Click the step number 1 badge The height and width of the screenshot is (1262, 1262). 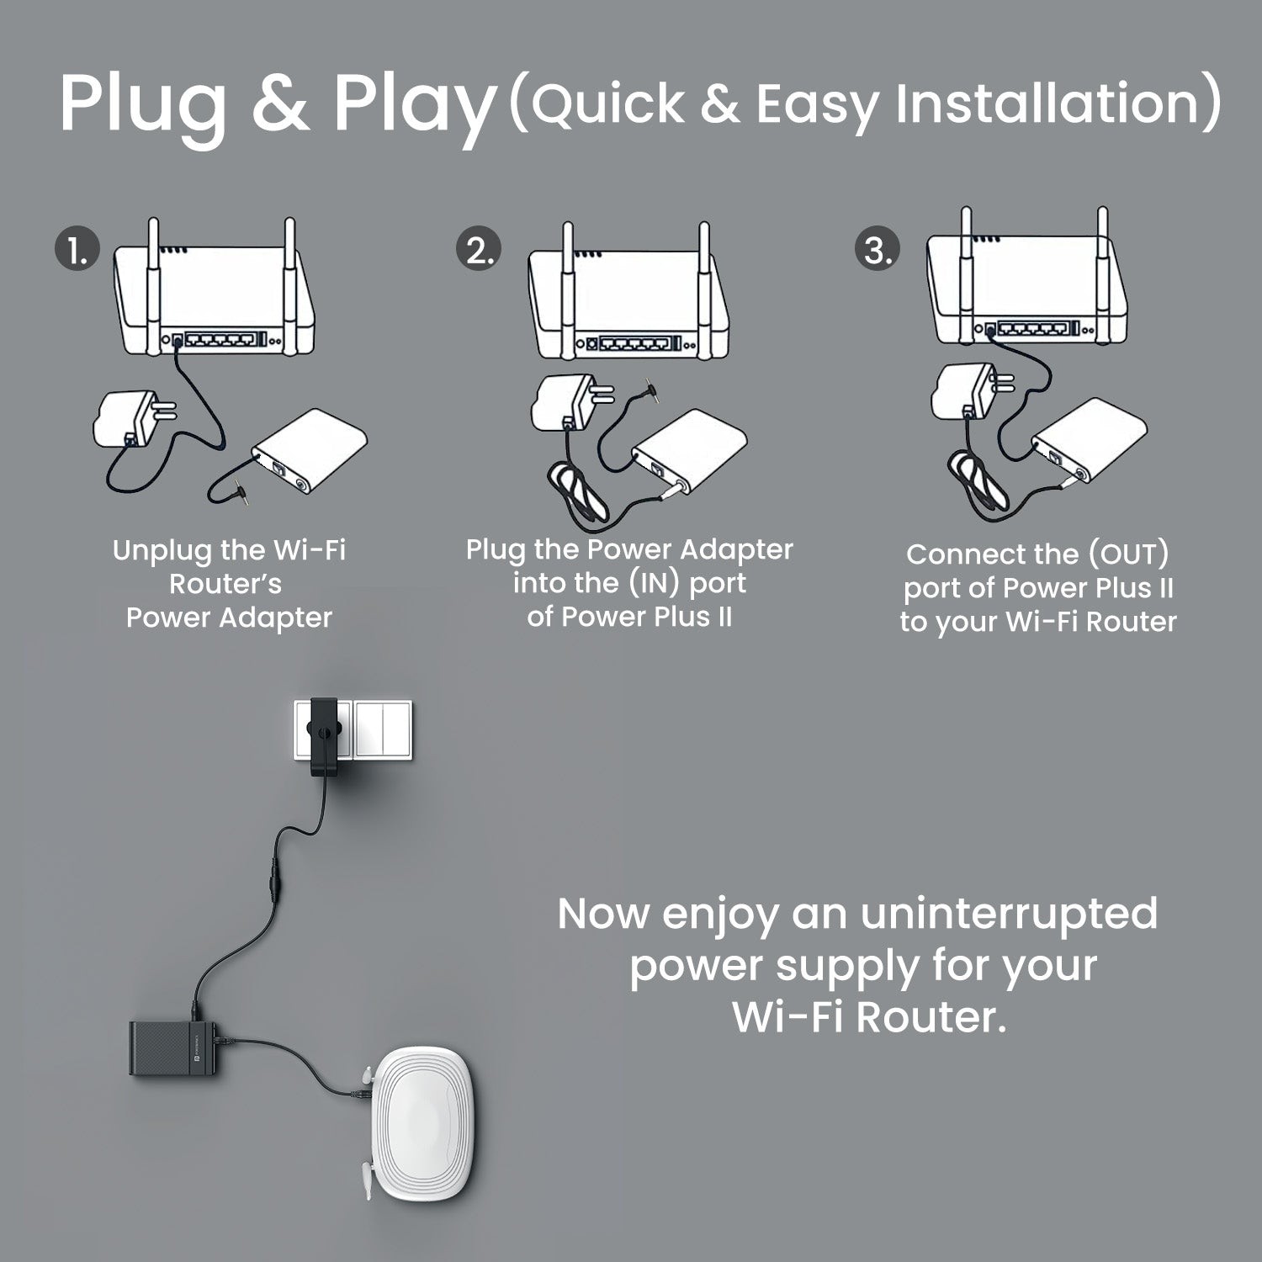pos(77,250)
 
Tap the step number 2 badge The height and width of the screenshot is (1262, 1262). pos(479,250)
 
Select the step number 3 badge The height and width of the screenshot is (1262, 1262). pos(878,250)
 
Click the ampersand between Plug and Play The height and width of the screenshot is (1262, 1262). pos(279,103)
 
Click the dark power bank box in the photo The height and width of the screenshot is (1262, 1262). pos(175,1047)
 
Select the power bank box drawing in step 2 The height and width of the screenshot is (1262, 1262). pos(689,450)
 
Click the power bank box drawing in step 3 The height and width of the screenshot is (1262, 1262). pos(1090,440)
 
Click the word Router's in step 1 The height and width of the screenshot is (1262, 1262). pos(225,584)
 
